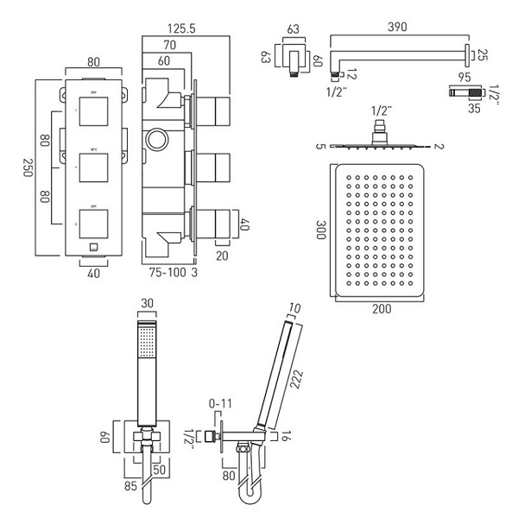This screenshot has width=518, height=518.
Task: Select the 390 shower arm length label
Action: pyautogui.click(x=399, y=28)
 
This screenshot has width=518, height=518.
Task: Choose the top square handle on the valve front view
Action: pyautogui.click(x=92, y=110)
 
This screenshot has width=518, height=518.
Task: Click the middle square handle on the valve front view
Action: pyautogui.click(x=92, y=164)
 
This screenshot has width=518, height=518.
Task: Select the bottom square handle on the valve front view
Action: pyautogui.click(x=92, y=219)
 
